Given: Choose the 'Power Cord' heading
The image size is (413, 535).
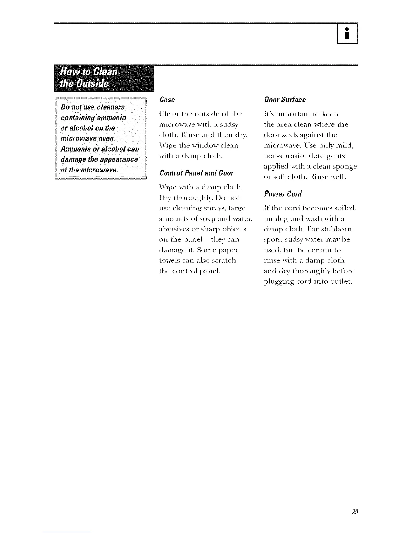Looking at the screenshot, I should [282, 194].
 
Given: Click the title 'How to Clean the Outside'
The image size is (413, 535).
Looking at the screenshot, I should [88, 77].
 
